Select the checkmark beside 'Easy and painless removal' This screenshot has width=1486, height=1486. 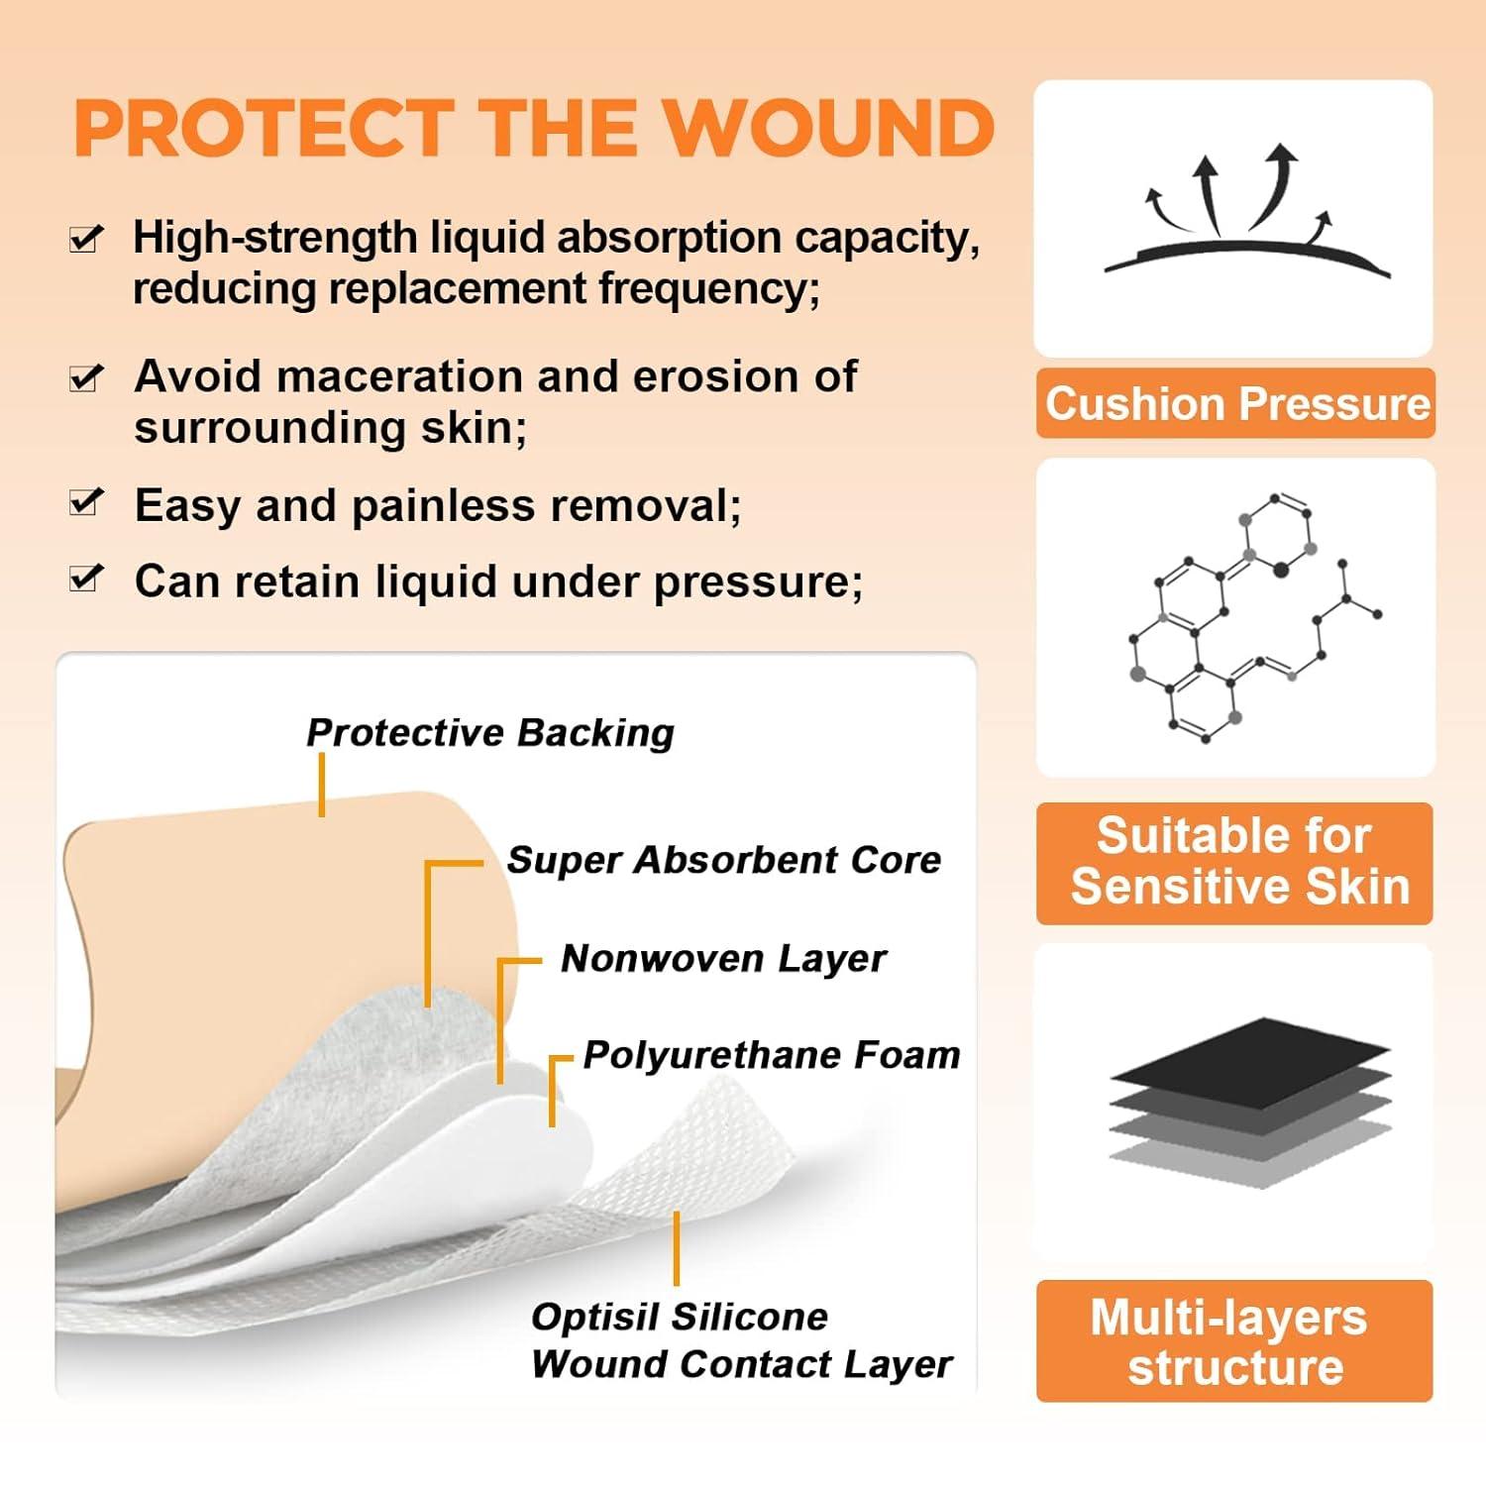[86, 502]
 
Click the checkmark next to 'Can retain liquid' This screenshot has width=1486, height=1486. [86, 578]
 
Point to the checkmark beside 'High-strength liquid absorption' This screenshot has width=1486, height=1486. [86, 238]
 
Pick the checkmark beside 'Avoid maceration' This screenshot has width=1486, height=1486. [86, 376]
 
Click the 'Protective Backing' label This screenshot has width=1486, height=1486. [490, 733]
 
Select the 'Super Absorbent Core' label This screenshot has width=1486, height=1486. [723, 860]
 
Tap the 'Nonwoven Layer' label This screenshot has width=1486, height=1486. [723, 958]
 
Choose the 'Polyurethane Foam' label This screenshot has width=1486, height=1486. [772, 1055]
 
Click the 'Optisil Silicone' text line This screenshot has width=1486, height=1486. [680, 1317]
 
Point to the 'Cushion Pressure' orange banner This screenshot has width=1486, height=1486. [1235, 403]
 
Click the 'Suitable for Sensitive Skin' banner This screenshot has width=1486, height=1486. [1235, 863]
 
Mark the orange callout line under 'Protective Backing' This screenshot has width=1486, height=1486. [322, 785]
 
